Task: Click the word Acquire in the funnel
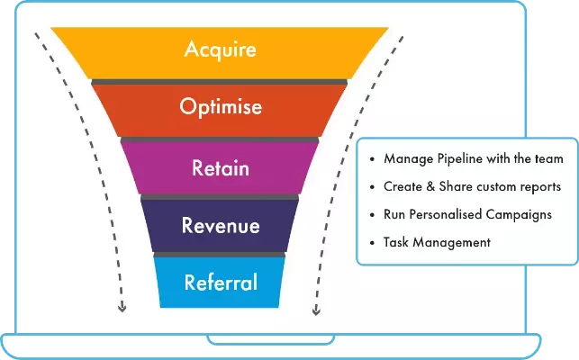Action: click(x=221, y=49)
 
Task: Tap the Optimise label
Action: click(x=221, y=107)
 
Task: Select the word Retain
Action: click(x=221, y=168)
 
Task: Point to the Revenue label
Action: click(x=221, y=225)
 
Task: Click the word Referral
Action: click(x=221, y=283)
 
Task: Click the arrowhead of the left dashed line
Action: click(x=122, y=308)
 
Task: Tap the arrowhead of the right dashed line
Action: click(x=316, y=310)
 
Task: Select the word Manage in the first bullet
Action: click(x=409, y=159)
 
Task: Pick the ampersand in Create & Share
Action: click(x=430, y=186)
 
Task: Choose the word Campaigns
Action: click(x=519, y=215)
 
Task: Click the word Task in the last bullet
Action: click(x=396, y=243)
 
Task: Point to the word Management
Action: click(x=452, y=243)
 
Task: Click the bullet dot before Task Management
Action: click(x=372, y=243)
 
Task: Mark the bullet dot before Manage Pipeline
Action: click(x=372, y=159)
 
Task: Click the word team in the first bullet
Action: click(x=549, y=159)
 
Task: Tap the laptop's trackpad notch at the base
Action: click(x=271, y=339)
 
